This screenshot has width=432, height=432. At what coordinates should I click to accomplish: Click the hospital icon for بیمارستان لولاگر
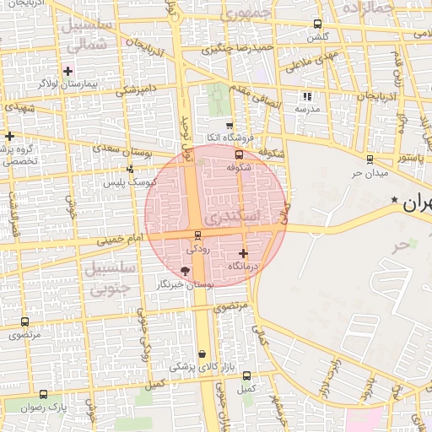[x=68, y=71]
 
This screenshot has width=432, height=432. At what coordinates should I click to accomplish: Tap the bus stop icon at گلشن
[x=317, y=24]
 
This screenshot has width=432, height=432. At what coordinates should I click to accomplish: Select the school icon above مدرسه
[x=306, y=96]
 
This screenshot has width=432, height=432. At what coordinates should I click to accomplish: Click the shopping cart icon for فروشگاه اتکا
[x=229, y=125]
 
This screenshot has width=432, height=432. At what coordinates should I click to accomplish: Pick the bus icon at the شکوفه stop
[x=239, y=154]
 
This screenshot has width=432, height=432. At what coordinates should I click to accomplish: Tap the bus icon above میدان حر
[x=369, y=159]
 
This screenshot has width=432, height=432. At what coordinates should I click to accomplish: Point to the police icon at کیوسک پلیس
[x=129, y=169]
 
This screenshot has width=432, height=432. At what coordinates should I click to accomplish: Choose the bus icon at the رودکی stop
[x=197, y=235]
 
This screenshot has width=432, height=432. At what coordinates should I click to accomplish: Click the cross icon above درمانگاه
[x=244, y=253]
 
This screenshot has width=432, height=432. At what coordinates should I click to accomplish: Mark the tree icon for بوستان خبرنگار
[x=186, y=271]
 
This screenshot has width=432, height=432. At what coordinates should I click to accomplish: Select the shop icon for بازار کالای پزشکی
[x=202, y=354]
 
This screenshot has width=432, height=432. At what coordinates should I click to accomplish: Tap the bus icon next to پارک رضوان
[x=44, y=394]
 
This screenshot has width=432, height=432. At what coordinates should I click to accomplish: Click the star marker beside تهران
[x=395, y=200]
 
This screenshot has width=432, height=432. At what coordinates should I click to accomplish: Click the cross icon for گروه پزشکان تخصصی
[x=9, y=136]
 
